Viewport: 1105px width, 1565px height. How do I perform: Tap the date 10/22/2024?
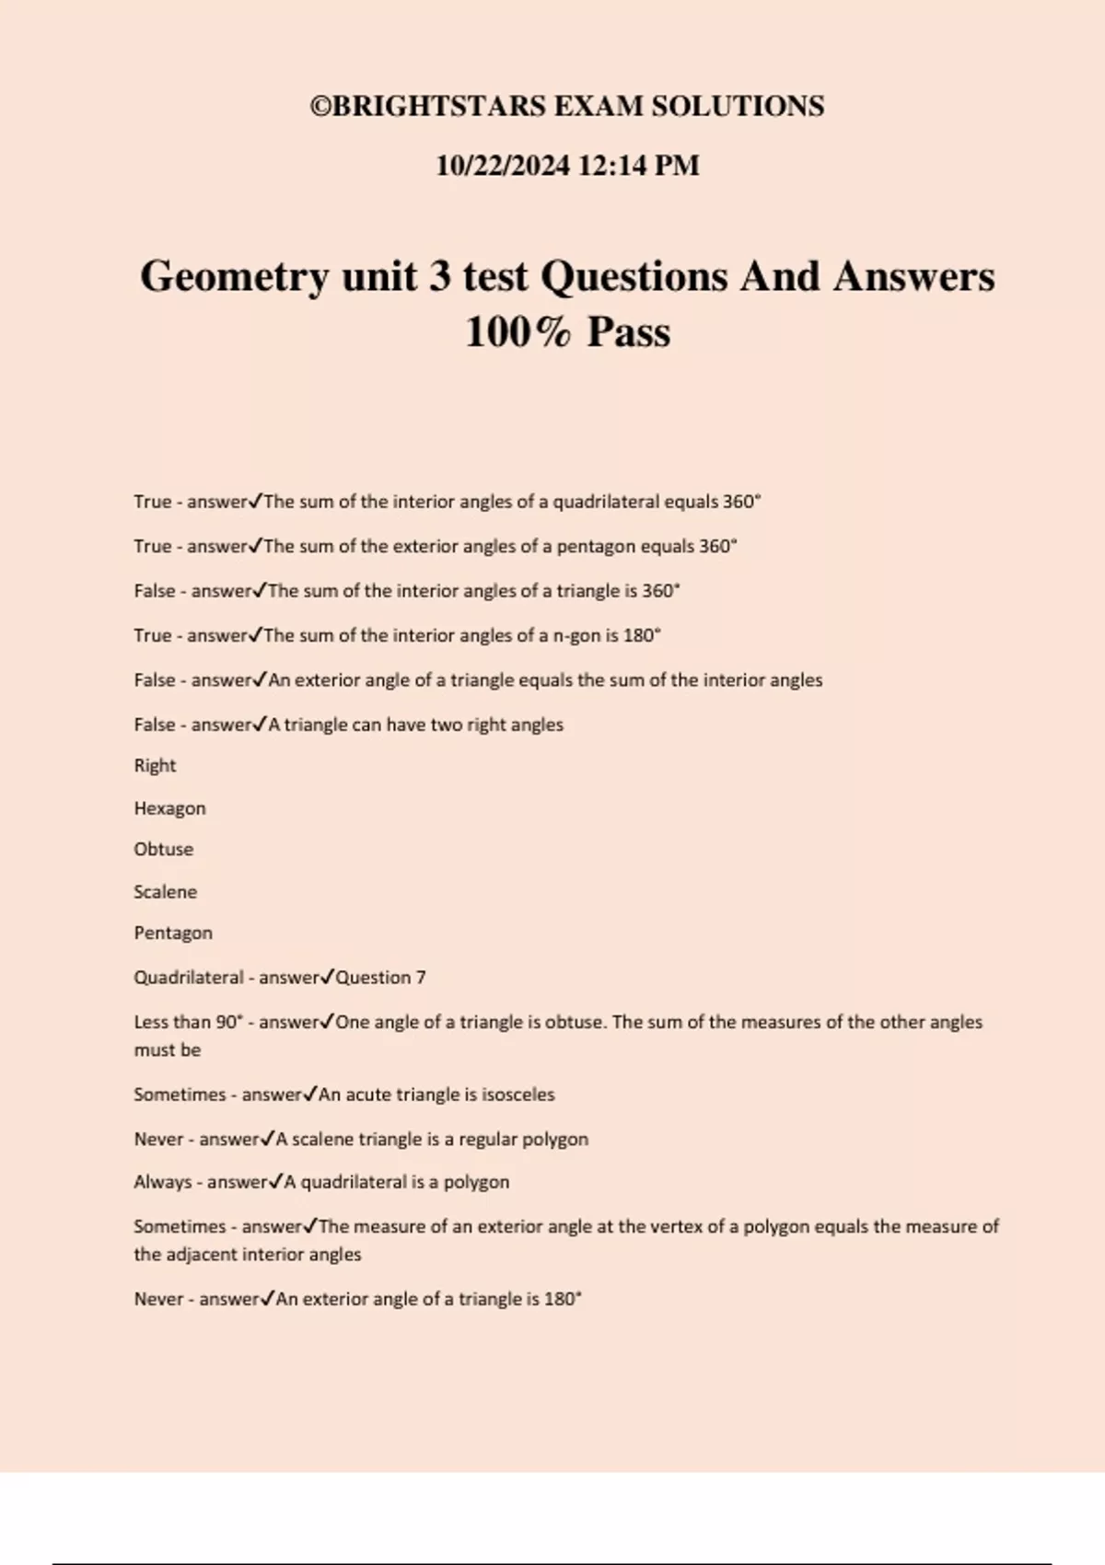pos(502,166)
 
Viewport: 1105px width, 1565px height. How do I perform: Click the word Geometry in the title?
pos(234,277)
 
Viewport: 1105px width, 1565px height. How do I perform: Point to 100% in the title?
pos(518,332)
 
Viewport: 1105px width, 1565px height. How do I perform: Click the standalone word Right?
pos(155,766)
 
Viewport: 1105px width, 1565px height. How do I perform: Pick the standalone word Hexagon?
pos(169,808)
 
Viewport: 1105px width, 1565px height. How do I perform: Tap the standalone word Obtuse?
pos(163,849)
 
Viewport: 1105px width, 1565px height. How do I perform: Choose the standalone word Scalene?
pos(165,891)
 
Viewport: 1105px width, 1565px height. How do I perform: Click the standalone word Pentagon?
pos(173,933)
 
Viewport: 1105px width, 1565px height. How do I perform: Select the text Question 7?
pos(380,978)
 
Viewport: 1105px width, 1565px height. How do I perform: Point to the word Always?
pos(162,1182)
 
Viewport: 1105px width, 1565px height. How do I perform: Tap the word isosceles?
pos(518,1095)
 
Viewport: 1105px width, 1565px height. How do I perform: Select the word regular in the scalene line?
pos(487,1139)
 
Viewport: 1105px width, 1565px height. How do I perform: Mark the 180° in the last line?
pos(563,1299)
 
